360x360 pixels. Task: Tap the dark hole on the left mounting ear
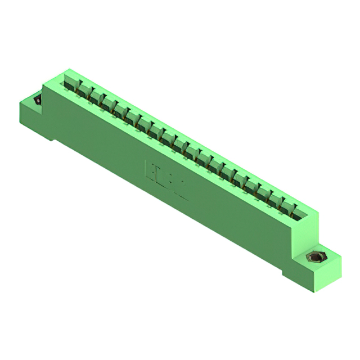coord(38,100)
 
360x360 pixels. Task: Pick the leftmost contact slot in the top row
coord(70,84)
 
